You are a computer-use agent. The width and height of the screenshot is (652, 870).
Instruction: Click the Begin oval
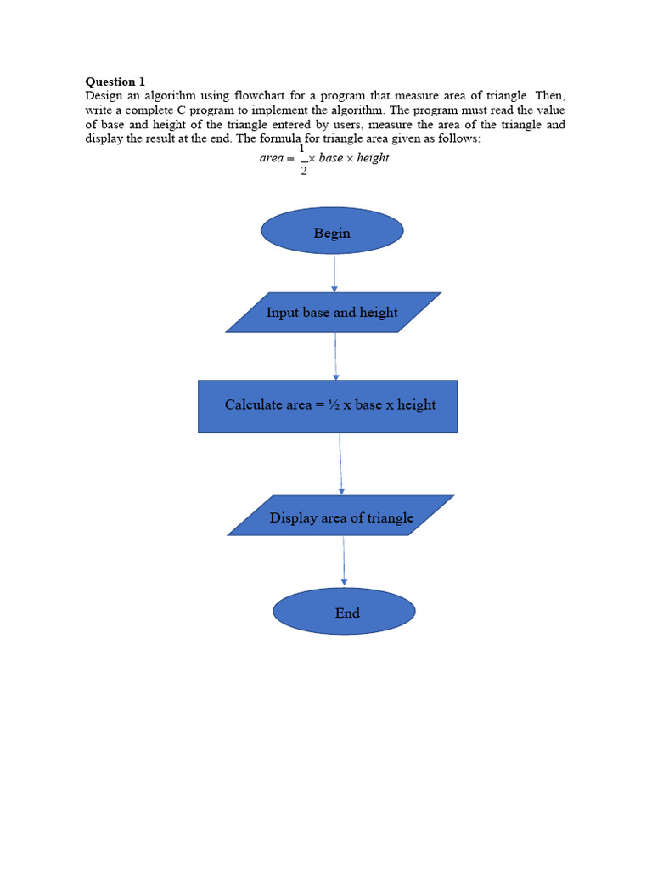[332, 231]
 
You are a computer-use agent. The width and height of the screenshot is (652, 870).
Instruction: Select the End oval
[344, 611]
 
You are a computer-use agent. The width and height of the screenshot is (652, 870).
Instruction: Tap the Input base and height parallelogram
[333, 312]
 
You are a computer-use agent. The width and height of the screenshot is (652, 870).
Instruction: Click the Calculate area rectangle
[328, 406]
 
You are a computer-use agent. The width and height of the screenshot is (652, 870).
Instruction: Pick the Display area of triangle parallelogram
[340, 516]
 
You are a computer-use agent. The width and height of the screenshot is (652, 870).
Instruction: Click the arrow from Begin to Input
[334, 273]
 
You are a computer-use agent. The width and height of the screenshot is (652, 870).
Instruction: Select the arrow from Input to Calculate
[335, 356]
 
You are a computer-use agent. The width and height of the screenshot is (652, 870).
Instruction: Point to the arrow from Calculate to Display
[340, 464]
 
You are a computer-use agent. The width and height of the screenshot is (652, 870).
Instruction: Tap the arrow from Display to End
[344, 561]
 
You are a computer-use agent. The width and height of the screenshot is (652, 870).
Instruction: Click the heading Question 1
[115, 82]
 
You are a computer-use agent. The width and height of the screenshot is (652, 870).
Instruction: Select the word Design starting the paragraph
[103, 96]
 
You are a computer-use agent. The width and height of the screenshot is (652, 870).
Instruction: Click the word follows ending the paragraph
[460, 138]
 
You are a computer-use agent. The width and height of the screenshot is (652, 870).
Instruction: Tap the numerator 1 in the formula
[302, 148]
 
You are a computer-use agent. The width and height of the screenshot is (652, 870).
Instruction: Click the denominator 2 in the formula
[303, 171]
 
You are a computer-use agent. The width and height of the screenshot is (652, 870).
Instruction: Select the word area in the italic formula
[271, 158]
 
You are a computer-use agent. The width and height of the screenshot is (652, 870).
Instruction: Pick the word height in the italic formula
[373, 158]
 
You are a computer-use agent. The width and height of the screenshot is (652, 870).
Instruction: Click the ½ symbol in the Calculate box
[333, 404]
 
